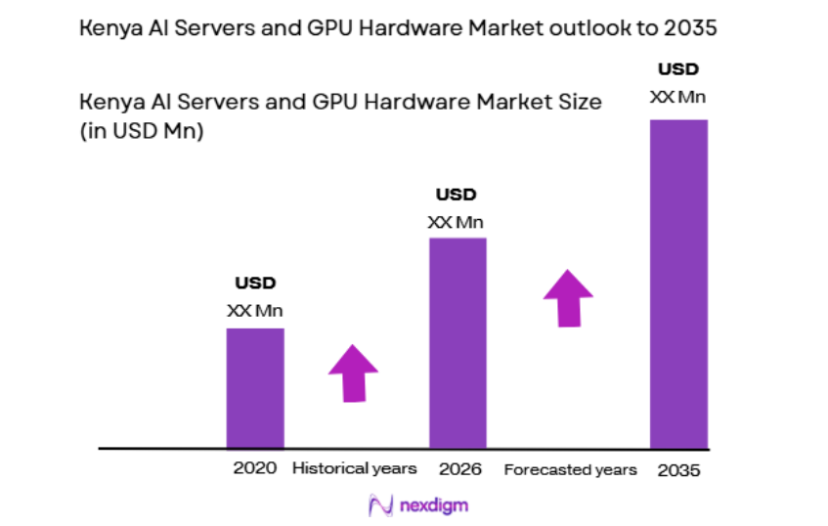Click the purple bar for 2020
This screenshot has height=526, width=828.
(x=255, y=388)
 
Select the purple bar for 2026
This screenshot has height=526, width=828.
(x=458, y=342)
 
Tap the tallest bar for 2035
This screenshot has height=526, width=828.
(x=678, y=284)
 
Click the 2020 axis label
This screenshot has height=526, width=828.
(x=255, y=468)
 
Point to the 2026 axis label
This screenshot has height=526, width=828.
(x=459, y=469)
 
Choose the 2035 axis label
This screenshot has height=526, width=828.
(x=678, y=470)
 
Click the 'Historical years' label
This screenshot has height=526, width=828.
(x=354, y=468)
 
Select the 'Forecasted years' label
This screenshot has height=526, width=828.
(x=570, y=470)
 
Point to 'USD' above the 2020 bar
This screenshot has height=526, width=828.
(x=255, y=284)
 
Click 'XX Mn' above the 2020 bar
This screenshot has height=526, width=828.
(x=255, y=311)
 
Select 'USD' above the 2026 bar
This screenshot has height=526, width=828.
(x=456, y=195)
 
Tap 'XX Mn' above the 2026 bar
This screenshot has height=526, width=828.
(x=456, y=222)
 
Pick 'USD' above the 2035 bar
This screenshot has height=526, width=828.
(x=677, y=69)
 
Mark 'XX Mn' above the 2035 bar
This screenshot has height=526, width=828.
(x=677, y=97)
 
